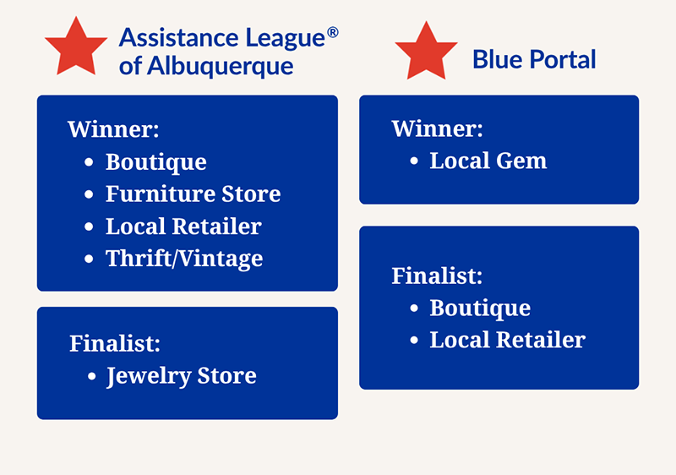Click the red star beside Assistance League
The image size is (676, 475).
pyautogui.click(x=76, y=47)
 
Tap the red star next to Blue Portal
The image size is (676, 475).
pyautogui.click(x=426, y=52)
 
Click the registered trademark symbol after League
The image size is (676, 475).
pyautogui.click(x=332, y=32)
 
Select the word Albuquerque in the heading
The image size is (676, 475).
pyautogui.click(x=220, y=67)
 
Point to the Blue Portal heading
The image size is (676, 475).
pyautogui.click(x=534, y=59)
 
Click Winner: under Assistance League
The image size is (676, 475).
pyautogui.click(x=113, y=128)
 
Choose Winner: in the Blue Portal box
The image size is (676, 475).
pyautogui.click(x=437, y=128)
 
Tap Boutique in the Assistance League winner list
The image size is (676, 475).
pyautogui.click(x=156, y=162)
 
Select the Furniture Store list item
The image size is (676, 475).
pyautogui.click(x=194, y=194)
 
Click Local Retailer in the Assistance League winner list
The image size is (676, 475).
pyautogui.click(x=183, y=227)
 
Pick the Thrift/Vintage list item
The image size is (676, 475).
pyautogui.click(x=184, y=259)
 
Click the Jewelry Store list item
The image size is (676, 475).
pyautogui.click(x=182, y=376)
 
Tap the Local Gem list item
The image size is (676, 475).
pyautogui.click(x=488, y=161)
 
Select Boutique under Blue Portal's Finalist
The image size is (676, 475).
pyautogui.click(x=480, y=308)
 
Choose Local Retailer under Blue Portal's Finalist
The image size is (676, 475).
pyautogui.click(x=508, y=340)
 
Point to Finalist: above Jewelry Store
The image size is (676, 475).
pyautogui.click(x=115, y=343)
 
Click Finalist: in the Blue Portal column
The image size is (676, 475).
pyautogui.click(x=437, y=276)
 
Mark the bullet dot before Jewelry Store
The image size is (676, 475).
pyautogui.click(x=91, y=376)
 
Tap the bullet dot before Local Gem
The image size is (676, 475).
pyautogui.click(x=414, y=161)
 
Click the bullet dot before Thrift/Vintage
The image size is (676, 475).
pyautogui.click(x=89, y=259)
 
